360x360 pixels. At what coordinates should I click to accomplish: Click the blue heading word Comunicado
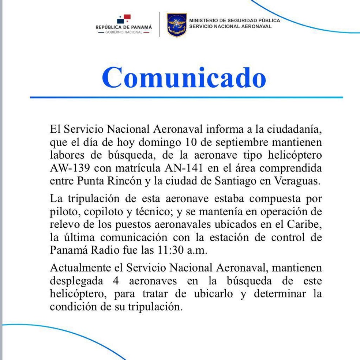click(x=184, y=77)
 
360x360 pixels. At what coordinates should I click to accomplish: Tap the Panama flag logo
click(x=124, y=19)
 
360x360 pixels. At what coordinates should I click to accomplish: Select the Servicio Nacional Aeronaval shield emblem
click(x=177, y=24)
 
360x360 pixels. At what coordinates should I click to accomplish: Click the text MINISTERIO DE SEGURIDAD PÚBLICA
click(x=235, y=20)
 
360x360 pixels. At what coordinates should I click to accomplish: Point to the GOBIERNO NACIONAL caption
click(x=124, y=32)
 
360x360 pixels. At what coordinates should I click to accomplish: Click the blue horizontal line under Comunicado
click(x=186, y=98)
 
